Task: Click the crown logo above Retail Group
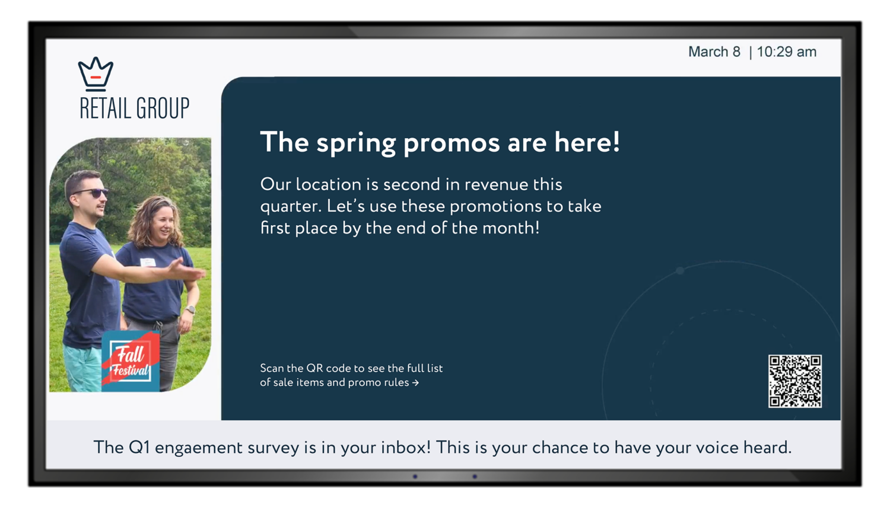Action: pos(96,72)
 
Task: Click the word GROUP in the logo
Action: pos(163,108)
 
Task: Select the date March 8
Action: pos(714,52)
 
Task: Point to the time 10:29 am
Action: pos(787,52)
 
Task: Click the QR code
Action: pos(794,381)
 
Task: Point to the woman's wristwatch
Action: pos(191,309)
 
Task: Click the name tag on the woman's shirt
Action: pos(148,262)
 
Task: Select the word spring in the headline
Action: pos(356,143)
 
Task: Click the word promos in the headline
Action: pos(452,143)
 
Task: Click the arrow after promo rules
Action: pos(415,383)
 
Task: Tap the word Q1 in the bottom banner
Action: pos(139,448)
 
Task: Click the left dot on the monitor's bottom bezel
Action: pos(415,476)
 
